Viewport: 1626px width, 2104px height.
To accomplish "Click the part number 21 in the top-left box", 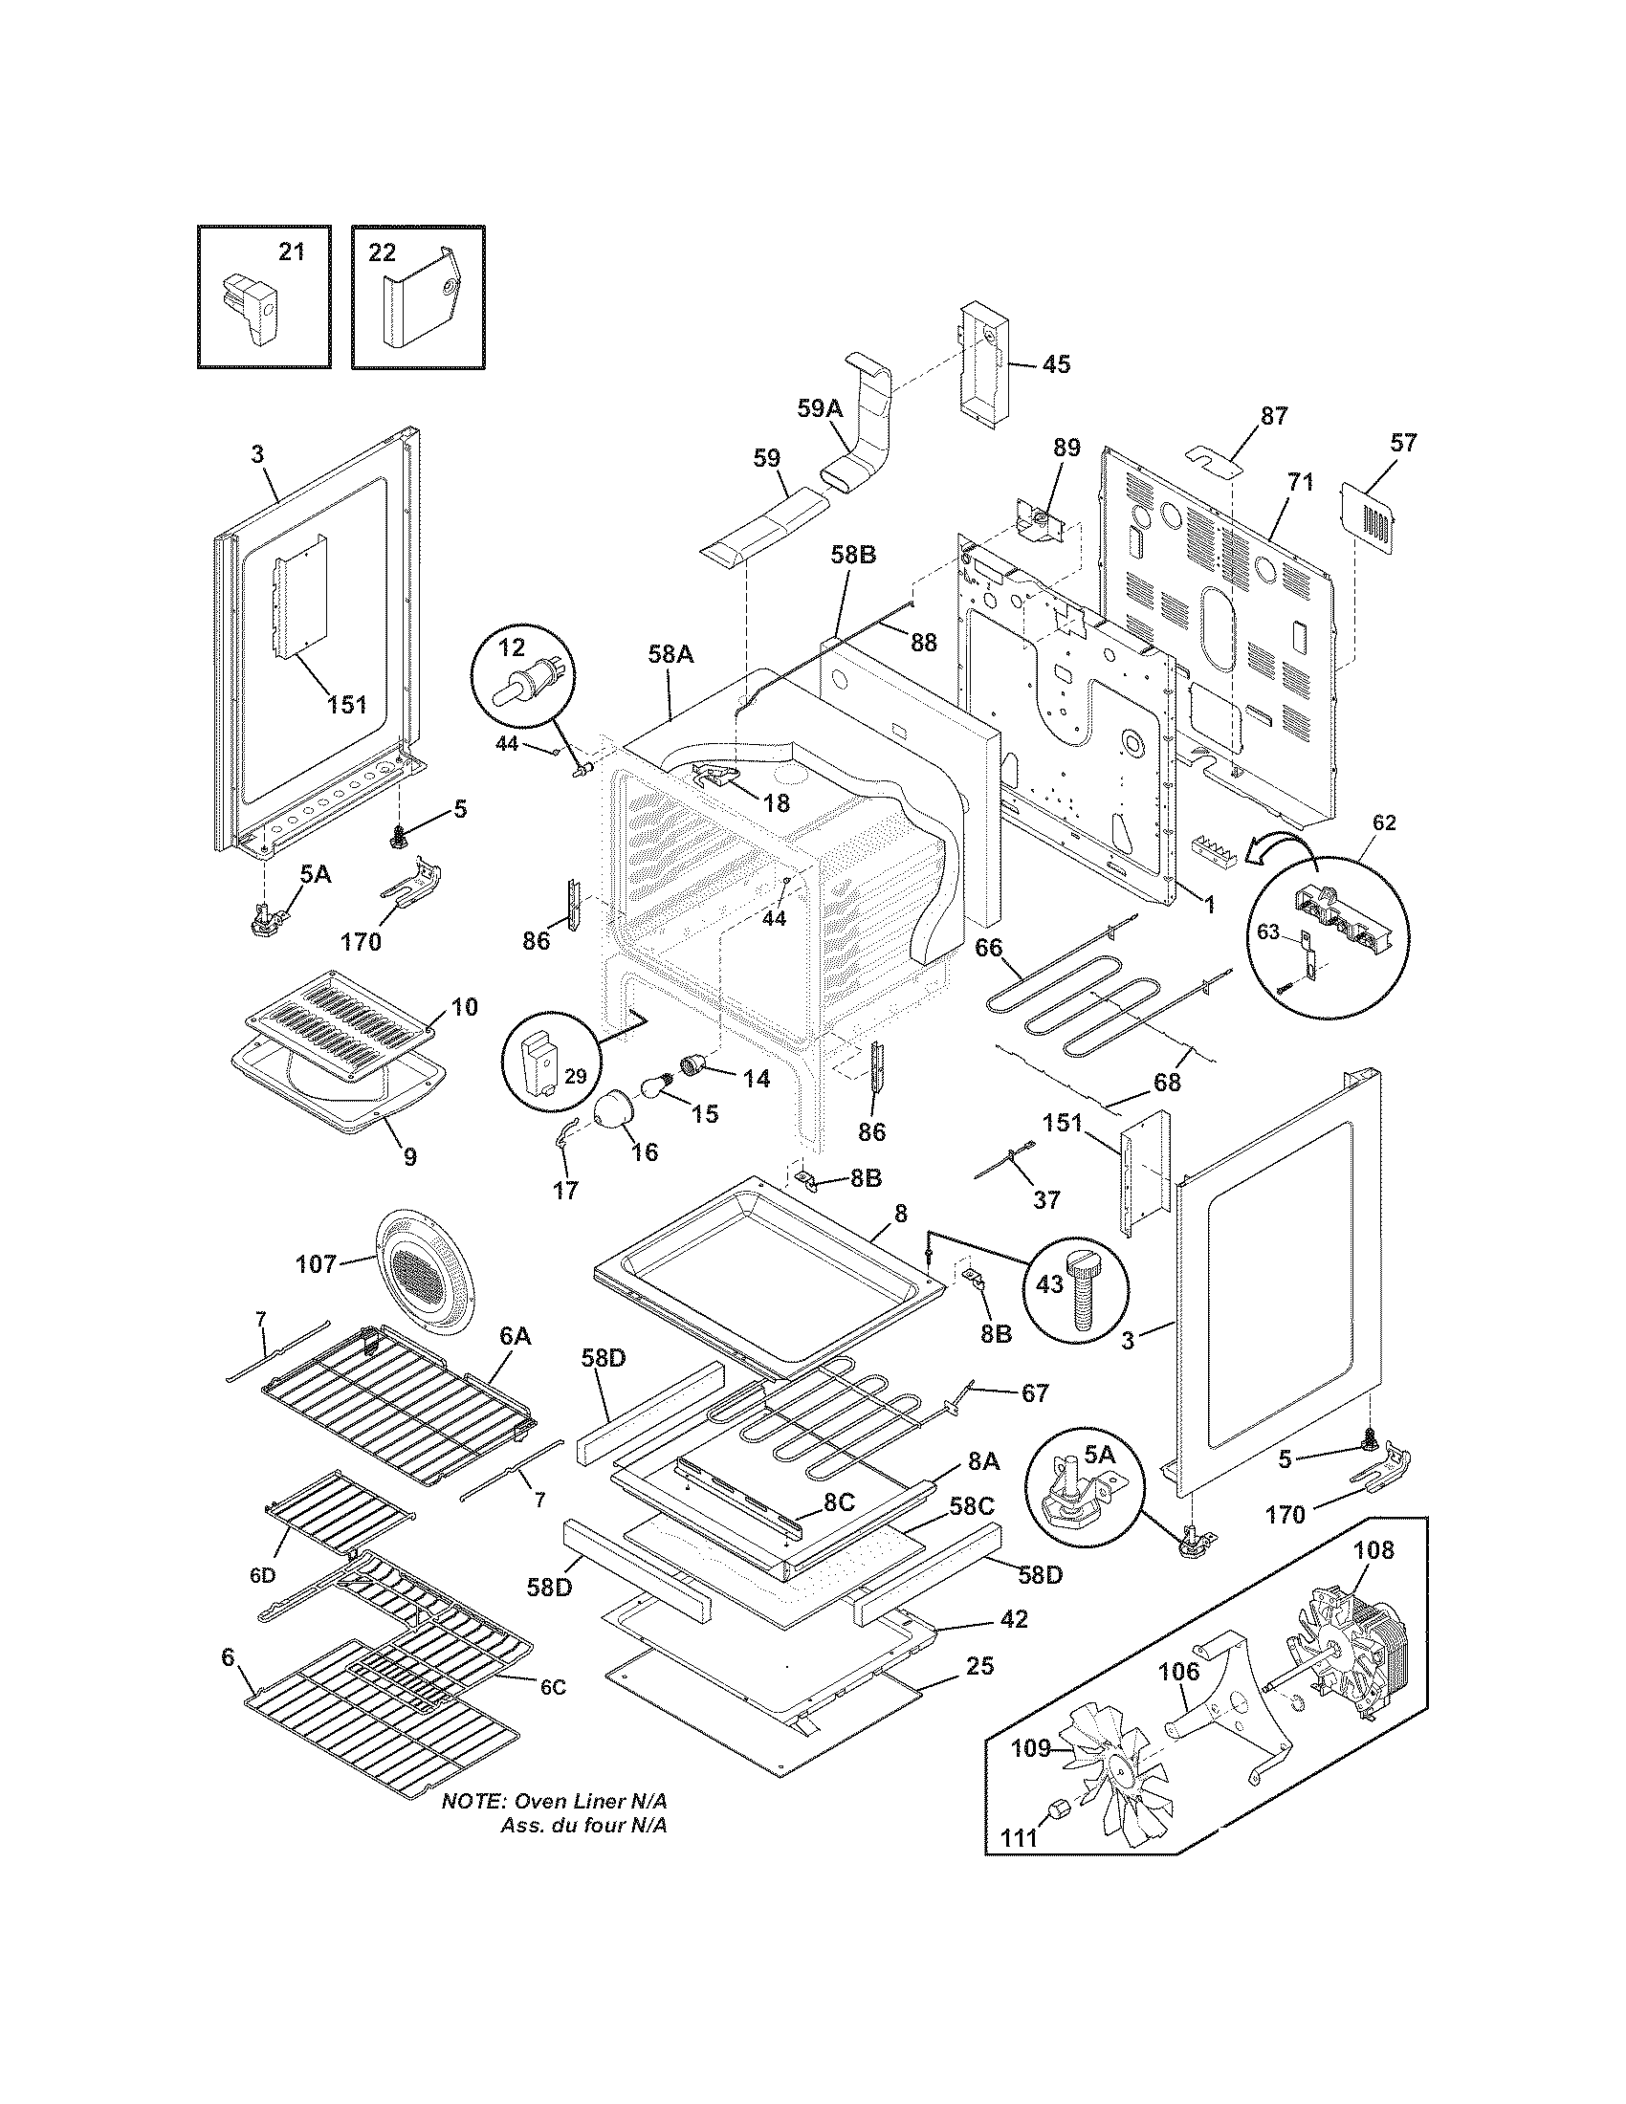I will pyautogui.click(x=291, y=252).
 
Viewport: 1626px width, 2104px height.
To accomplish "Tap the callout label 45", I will pyautogui.click(x=1056, y=364).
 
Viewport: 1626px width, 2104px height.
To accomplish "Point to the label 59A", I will pyautogui.click(x=820, y=408).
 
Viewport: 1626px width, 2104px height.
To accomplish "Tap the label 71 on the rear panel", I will pyautogui.click(x=1301, y=483).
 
